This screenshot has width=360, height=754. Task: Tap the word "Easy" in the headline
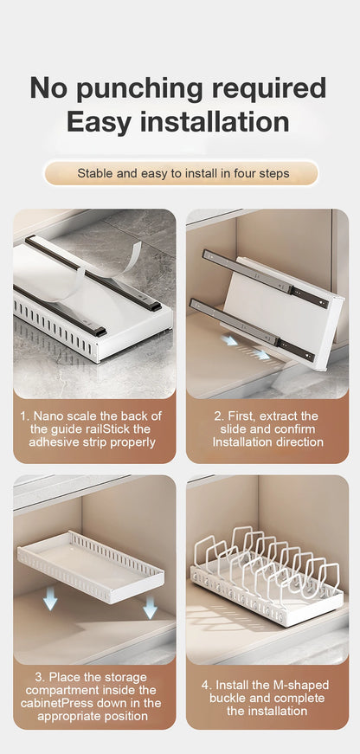click(99, 122)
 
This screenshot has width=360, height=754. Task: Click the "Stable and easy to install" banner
click(181, 173)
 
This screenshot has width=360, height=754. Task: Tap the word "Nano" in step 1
click(46, 416)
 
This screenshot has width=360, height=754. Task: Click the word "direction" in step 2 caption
click(300, 441)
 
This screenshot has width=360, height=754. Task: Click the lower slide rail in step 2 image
click(254, 330)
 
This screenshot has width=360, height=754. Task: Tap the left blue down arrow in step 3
click(49, 600)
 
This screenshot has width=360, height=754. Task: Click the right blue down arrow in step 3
click(150, 606)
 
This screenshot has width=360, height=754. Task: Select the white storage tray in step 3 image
click(91, 565)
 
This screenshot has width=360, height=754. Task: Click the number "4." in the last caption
click(207, 685)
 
